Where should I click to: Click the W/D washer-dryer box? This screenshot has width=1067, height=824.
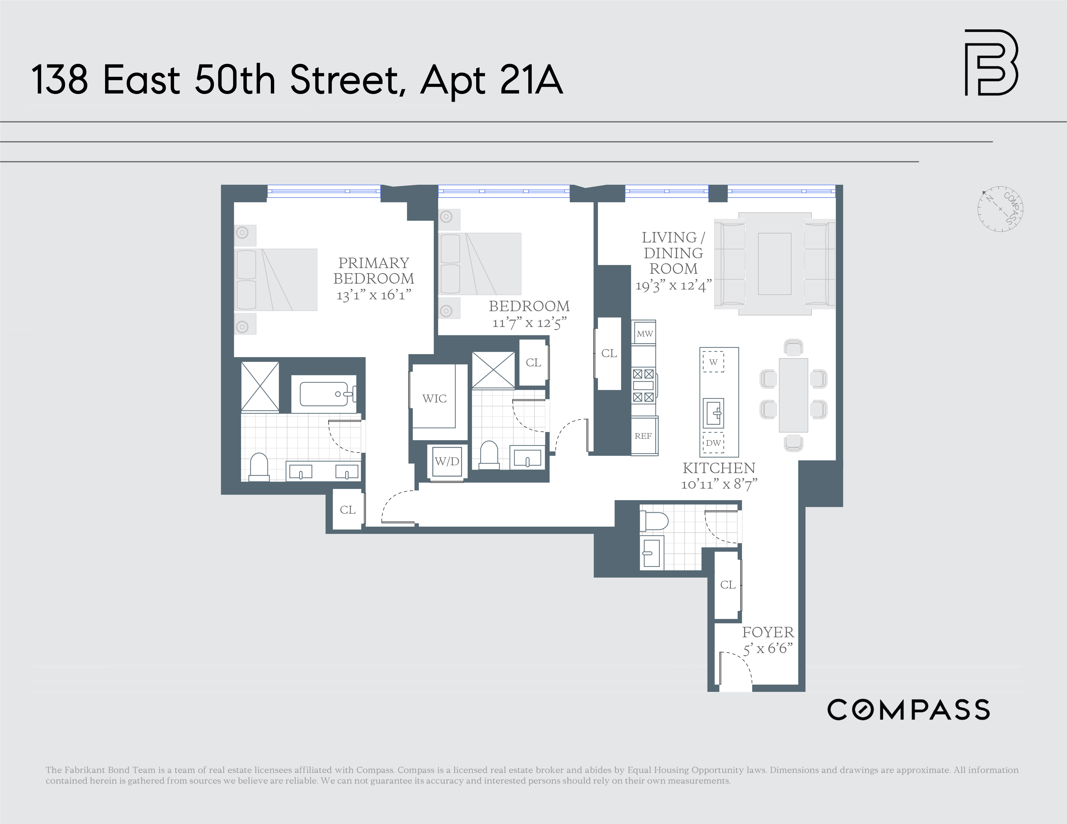[x=447, y=462]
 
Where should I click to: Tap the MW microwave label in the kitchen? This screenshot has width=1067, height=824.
[x=644, y=334]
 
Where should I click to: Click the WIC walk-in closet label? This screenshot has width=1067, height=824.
[x=434, y=398]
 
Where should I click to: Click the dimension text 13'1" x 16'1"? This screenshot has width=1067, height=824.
[x=374, y=295]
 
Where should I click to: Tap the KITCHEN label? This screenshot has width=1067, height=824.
[x=719, y=468]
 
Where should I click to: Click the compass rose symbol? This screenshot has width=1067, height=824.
[x=1000, y=209]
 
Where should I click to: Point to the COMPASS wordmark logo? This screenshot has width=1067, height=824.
[x=908, y=710]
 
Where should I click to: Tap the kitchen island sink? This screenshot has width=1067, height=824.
[x=713, y=413]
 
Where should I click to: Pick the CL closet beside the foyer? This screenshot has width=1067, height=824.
[x=727, y=585]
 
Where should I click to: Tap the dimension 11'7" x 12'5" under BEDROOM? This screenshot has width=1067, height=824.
[x=529, y=323]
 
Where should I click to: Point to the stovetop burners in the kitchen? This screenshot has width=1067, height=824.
[x=643, y=386]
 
